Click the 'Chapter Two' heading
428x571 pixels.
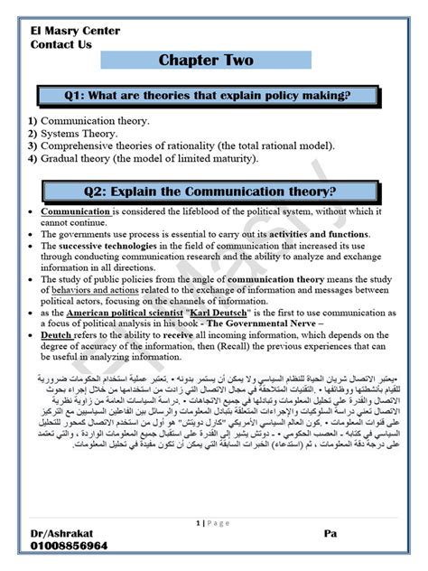(x=206, y=61)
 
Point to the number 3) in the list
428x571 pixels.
(x=33, y=145)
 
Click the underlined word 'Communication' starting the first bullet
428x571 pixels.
(x=76, y=211)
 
